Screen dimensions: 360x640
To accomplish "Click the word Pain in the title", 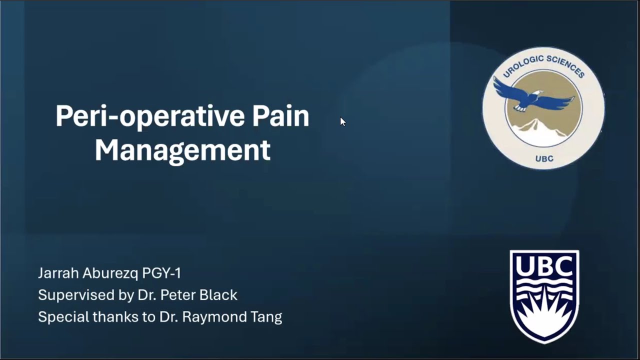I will [280, 116].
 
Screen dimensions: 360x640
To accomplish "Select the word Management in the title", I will [182, 150].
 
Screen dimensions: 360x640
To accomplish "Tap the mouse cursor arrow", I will [342, 121].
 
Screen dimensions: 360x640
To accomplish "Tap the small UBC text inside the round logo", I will [544, 158].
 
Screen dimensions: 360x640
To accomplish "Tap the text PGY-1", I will [161, 273].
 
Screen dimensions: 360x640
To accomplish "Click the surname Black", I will [218, 295].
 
